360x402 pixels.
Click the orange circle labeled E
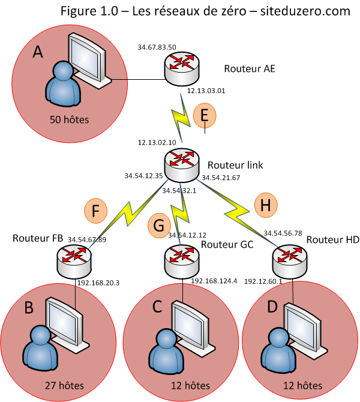[x=205, y=114]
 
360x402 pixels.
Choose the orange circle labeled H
[x=267, y=205]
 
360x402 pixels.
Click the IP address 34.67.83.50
[x=157, y=47]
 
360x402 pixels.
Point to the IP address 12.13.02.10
[x=157, y=143]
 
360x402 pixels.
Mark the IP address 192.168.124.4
[x=214, y=280]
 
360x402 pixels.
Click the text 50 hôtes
[x=70, y=120]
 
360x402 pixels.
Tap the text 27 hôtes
[x=64, y=385]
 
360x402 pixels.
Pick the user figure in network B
[x=40, y=348]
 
